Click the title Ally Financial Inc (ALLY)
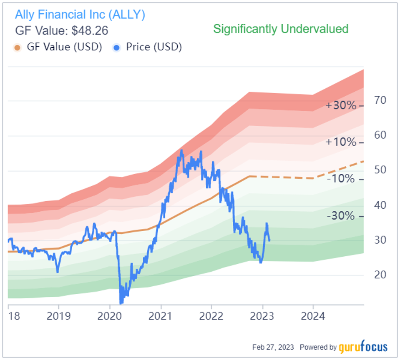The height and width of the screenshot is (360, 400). point(80,15)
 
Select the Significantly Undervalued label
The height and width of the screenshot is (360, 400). point(281,29)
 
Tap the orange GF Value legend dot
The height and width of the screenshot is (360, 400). point(17,47)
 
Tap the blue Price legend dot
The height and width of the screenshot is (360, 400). point(116,47)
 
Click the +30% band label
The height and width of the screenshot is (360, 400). point(341,106)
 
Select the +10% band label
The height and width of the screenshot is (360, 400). point(341,142)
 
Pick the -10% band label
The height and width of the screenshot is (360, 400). point(342,179)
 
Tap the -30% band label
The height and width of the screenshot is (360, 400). point(342,216)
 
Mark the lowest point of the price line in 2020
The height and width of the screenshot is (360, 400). point(121,302)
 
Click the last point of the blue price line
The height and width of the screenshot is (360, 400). point(269,240)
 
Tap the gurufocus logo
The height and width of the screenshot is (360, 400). point(363,347)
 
